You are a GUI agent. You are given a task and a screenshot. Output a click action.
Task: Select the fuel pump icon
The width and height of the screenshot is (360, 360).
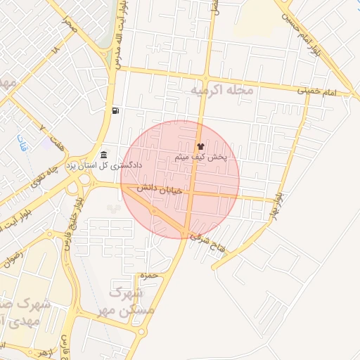coord(115,110)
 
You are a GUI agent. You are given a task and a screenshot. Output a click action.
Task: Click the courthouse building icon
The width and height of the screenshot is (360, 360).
coord(104,155)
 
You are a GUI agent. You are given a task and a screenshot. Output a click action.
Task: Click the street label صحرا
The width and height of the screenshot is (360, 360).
coord(68,27)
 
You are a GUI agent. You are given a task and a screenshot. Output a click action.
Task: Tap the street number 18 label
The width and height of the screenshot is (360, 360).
coord(56,52)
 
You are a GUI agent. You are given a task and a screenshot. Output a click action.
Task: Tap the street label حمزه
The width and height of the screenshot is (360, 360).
coord(146,274)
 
